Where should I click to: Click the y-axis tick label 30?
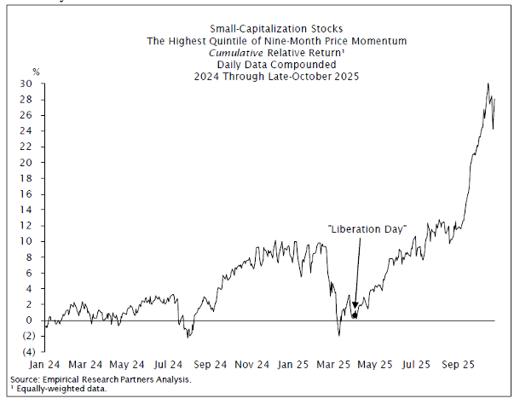point(27,84)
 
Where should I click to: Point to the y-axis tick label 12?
point(27,226)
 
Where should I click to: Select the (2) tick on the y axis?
point(27,336)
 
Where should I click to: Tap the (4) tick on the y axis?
point(27,351)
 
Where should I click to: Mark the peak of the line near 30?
point(487,84)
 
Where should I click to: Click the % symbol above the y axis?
point(36,72)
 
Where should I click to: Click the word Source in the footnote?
point(25,378)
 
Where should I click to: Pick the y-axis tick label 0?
point(30,320)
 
